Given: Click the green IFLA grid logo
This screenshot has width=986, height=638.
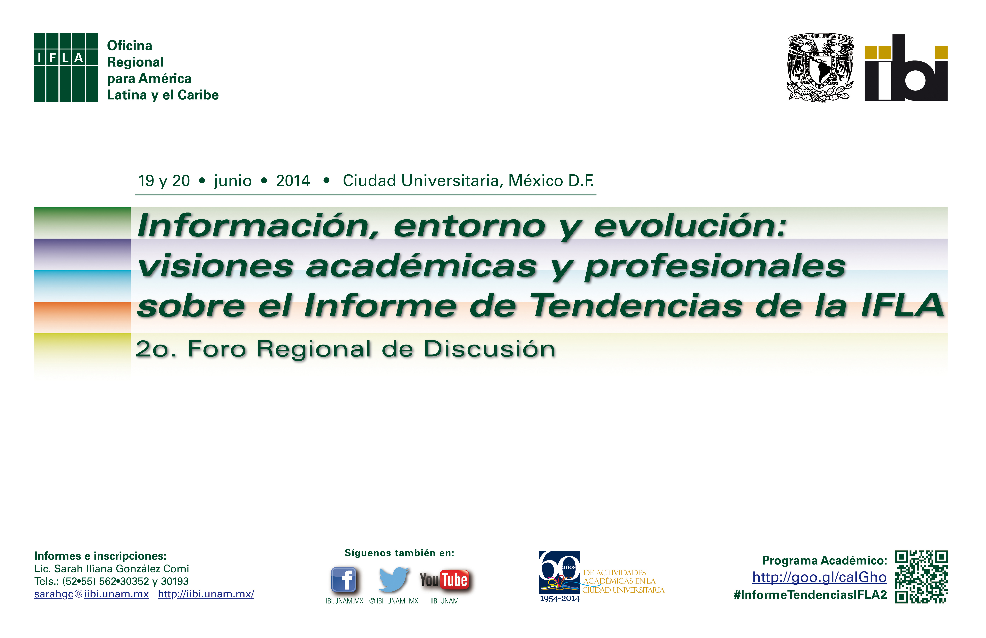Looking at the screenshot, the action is click(66, 67).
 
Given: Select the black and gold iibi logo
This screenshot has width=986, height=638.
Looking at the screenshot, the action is click(906, 67).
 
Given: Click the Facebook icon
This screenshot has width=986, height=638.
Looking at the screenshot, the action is click(344, 580).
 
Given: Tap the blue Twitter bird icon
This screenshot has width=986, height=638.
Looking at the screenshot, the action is click(394, 579).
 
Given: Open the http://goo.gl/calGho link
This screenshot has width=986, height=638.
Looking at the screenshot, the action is click(820, 577).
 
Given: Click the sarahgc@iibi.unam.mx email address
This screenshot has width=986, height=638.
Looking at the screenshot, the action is click(92, 594).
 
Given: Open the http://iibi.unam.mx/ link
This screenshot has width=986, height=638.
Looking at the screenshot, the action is click(206, 594).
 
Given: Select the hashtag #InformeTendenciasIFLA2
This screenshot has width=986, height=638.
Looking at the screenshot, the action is click(810, 595).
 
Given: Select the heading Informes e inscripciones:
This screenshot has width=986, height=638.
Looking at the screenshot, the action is click(100, 556).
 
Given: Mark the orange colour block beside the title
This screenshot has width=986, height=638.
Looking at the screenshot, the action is click(82, 317).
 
